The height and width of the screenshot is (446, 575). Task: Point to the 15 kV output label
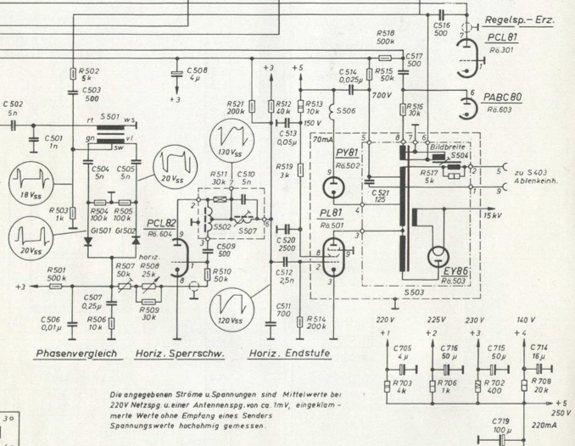click(493, 217)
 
